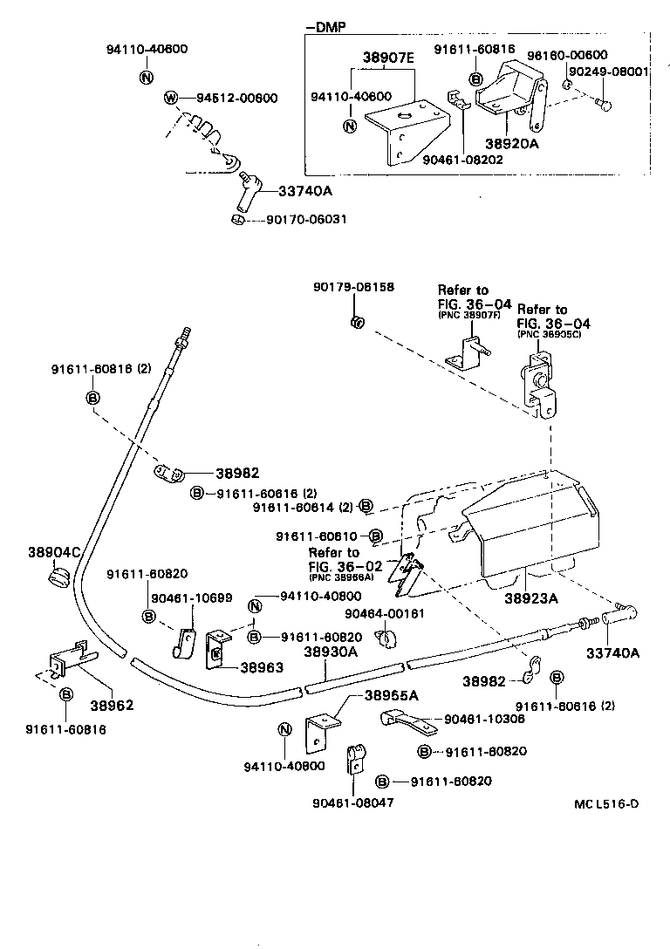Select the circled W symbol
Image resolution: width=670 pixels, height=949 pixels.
[x=171, y=98]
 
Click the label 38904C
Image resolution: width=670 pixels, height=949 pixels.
[x=54, y=552]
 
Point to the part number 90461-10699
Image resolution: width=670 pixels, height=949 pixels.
[x=191, y=597]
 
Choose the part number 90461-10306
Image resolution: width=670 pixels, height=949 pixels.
[x=485, y=720]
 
